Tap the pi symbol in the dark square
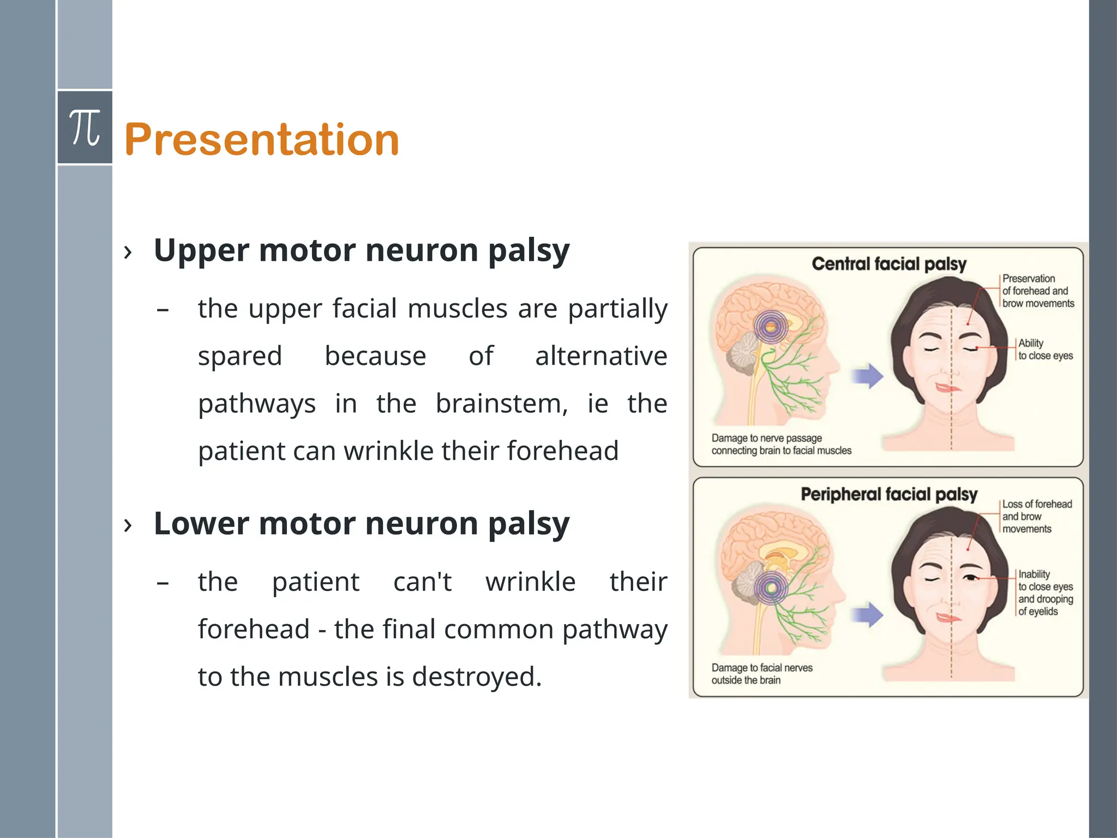point(85,128)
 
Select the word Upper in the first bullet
point(201,250)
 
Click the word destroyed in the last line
point(476,677)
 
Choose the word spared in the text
point(240,356)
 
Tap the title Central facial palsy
point(889,264)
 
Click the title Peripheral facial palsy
point(889,494)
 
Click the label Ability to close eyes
point(1045,349)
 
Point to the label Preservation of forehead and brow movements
point(1038,291)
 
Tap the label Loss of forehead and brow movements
point(1036,516)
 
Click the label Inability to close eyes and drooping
point(1045,592)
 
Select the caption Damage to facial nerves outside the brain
point(761,674)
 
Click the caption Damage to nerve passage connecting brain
point(781,444)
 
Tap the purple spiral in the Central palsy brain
point(771,327)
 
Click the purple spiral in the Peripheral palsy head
point(771,588)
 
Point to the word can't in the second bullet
point(422,582)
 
